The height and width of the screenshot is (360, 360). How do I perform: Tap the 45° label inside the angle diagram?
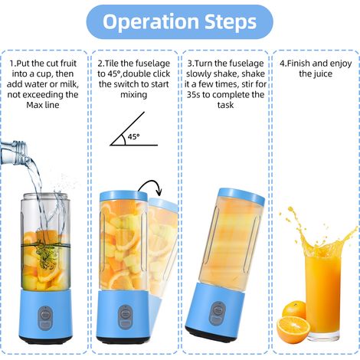click(x=134, y=136)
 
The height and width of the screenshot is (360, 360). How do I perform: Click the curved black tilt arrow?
click(x=151, y=187)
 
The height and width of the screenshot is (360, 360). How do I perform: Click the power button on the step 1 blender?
click(x=45, y=318)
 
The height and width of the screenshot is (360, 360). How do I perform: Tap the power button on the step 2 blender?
click(x=126, y=316)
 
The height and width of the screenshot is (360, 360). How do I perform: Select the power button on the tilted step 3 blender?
click(x=218, y=313)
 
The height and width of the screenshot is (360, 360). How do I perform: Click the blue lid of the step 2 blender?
click(x=123, y=195)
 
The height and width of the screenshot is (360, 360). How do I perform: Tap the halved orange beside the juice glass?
click(x=293, y=329)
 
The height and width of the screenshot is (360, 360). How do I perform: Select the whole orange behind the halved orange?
click(x=293, y=309)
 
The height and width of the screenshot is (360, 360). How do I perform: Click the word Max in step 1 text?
click(x=34, y=105)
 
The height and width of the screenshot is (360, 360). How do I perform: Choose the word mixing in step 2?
click(x=134, y=95)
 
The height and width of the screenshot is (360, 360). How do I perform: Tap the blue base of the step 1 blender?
click(x=45, y=316)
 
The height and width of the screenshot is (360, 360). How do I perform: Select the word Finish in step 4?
click(x=298, y=64)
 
